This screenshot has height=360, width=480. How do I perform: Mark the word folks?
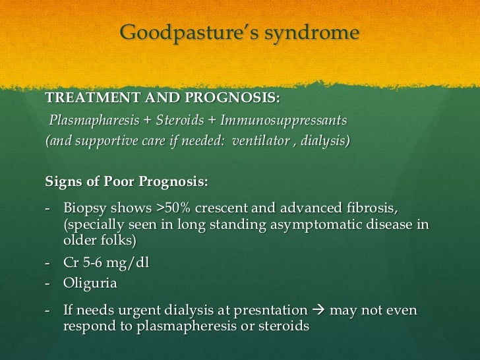coord(114,241)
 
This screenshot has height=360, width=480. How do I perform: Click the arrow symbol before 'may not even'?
coord(319,310)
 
